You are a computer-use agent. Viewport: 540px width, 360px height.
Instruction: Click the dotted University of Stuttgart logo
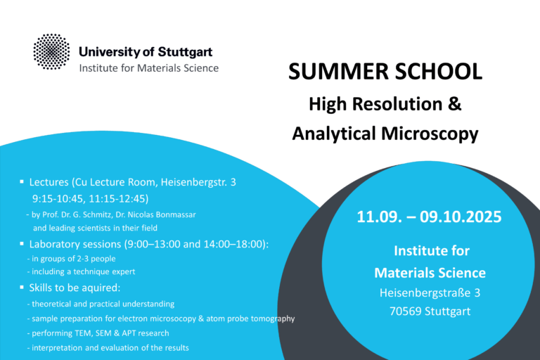52,52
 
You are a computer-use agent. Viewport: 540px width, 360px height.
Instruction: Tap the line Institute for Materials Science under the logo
148,68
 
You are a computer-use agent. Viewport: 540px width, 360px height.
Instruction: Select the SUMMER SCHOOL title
385,71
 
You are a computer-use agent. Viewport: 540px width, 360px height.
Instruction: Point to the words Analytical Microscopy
385,132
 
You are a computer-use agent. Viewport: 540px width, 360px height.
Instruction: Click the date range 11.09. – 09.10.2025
429,217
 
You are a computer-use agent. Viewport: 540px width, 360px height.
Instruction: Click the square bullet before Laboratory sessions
22,244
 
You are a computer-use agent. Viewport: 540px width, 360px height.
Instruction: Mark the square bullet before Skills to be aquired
22,289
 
